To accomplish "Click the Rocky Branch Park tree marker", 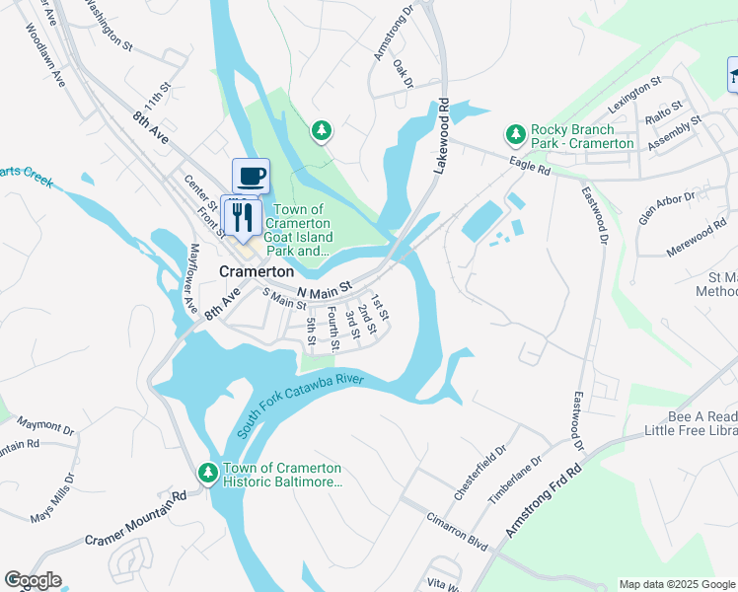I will click(x=514, y=133).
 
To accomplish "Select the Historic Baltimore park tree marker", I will click(x=208, y=475).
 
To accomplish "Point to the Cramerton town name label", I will click(x=256, y=270).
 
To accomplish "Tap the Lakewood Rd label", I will click(x=443, y=137).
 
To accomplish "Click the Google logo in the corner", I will click(x=33, y=580).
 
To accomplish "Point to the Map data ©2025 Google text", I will click(x=676, y=584).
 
